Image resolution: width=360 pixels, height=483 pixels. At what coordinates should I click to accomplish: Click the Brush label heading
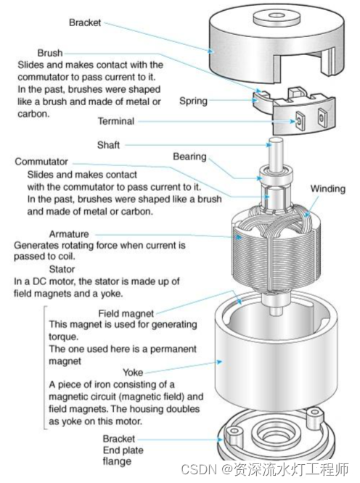(50, 53)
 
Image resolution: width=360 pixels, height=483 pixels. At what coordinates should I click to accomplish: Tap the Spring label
(193, 101)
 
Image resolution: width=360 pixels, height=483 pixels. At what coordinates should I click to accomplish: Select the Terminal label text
(116, 121)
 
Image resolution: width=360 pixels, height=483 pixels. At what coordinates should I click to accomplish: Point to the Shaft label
(108, 145)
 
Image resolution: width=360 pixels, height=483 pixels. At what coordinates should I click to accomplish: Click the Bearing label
(189, 157)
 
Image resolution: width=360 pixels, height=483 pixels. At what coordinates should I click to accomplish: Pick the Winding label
(327, 189)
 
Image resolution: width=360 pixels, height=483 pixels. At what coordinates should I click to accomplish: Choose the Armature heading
(69, 234)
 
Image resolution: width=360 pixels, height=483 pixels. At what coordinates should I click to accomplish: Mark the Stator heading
(62, 269)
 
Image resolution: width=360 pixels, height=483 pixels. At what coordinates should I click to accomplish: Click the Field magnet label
(126, 313)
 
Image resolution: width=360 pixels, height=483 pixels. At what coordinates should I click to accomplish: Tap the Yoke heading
(133, 373)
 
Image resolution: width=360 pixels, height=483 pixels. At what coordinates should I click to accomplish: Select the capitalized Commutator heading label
(41, 162)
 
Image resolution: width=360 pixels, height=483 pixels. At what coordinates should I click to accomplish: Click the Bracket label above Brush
(85, 22)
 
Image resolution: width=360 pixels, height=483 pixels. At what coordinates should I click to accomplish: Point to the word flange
(117, 461)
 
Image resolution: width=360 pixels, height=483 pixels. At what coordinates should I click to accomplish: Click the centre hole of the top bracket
(277, 15)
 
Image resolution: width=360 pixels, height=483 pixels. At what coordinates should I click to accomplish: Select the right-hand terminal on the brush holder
(322, 117)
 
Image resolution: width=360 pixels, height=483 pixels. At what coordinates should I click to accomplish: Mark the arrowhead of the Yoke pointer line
(219, 362)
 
